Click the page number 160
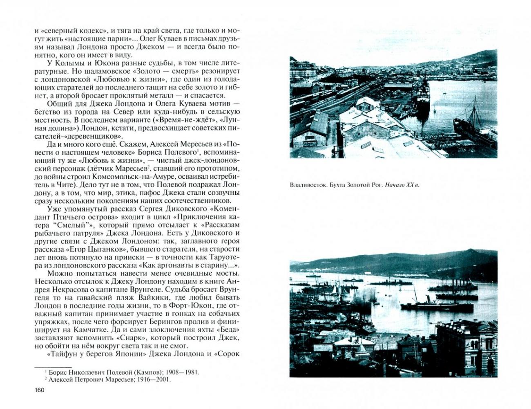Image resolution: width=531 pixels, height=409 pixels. pyautogui.click(x=40, y=390)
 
